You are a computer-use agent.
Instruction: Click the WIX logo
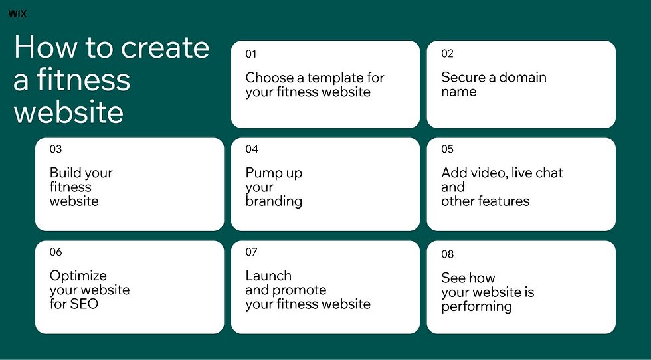[x=17, y=13]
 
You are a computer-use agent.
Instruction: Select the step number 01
[x=250, y=54]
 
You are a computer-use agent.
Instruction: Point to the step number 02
[x=447, y=54]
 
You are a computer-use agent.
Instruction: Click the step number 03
[x=55, y=149]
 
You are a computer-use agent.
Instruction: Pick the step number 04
[x=252, y=149]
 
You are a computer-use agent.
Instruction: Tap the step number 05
[x=447, y=149]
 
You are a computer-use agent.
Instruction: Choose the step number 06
[x=56, y=252]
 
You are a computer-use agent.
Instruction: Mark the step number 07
[x=251, y=252]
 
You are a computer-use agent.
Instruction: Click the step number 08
[x=447, y=254]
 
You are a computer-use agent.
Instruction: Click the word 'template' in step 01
[x=335, y=78]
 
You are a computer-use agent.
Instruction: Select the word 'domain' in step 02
[x=523, y=77]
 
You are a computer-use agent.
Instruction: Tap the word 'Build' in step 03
[x=64, y=173]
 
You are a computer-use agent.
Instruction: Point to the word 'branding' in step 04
[x=274, y=201]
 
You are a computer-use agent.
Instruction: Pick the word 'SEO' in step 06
[x=84, y=304]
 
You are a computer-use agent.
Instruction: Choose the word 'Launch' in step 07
[x=268, y=276]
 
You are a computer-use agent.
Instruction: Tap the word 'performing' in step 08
[x=476, y=306]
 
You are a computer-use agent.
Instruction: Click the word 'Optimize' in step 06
[x=78, y=276]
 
